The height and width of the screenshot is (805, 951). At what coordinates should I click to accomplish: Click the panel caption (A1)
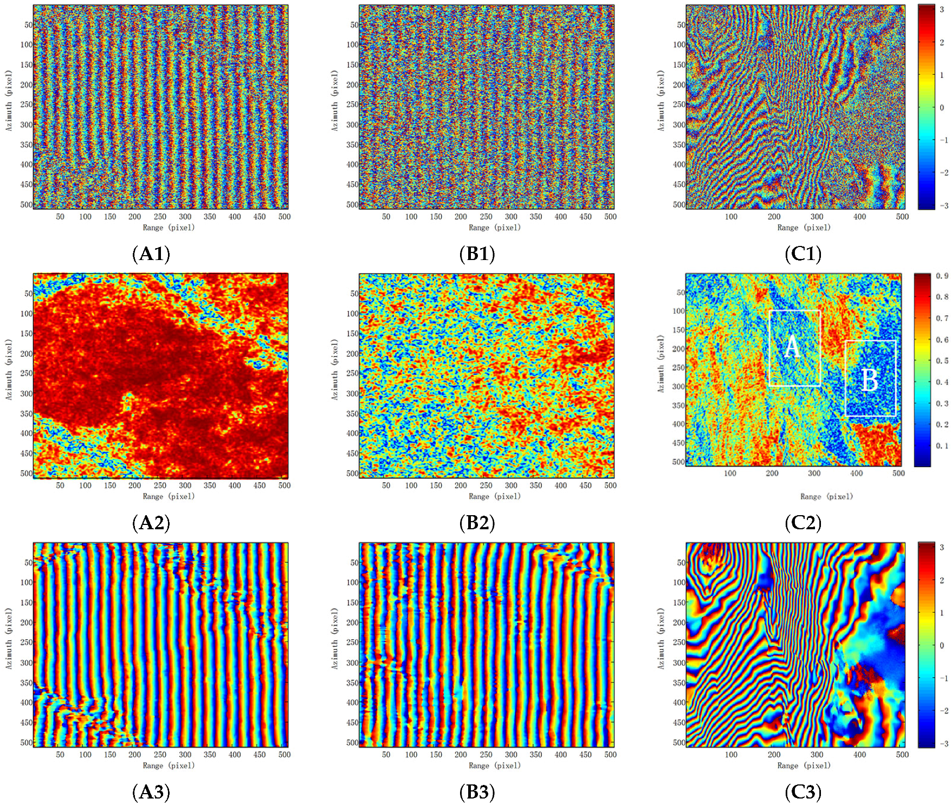pos(151,254)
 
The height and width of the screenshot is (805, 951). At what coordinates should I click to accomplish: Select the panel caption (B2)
pos(477,523)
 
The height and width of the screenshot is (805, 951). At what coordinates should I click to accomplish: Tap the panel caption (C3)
pos(803,792)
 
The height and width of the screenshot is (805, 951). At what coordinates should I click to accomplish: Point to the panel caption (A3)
pos(151,792)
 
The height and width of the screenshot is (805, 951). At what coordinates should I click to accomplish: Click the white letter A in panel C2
pos(792,347)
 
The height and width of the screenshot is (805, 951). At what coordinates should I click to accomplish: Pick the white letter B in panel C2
pos(870,380)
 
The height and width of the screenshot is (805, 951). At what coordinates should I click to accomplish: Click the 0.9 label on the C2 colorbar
pos(942,276)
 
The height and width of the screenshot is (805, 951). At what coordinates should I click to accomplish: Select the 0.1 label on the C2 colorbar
pos(942,446)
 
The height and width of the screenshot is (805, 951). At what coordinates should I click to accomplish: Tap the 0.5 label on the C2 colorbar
pos(942,361)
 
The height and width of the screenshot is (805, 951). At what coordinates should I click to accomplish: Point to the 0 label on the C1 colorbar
pos(942,107)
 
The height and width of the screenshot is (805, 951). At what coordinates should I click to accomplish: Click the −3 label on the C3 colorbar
pos(943,743)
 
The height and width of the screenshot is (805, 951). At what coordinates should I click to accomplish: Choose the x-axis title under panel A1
pos(169,228)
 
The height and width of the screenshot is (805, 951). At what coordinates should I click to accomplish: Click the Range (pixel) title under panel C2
pos(826,496)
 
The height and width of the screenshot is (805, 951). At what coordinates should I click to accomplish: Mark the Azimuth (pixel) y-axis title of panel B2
pos(335,369)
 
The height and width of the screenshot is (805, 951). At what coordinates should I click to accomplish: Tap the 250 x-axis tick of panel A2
pos(160,485)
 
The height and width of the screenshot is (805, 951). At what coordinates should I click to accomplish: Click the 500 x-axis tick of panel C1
pos(902,217)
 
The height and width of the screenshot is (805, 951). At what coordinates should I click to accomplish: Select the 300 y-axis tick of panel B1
pos(353,125)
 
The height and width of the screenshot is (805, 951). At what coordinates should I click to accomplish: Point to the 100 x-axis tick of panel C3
pos(731,755)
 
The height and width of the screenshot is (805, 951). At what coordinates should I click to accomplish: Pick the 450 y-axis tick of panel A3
pos(27,722)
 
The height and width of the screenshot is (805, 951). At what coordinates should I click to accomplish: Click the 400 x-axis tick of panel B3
pos(560,755)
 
